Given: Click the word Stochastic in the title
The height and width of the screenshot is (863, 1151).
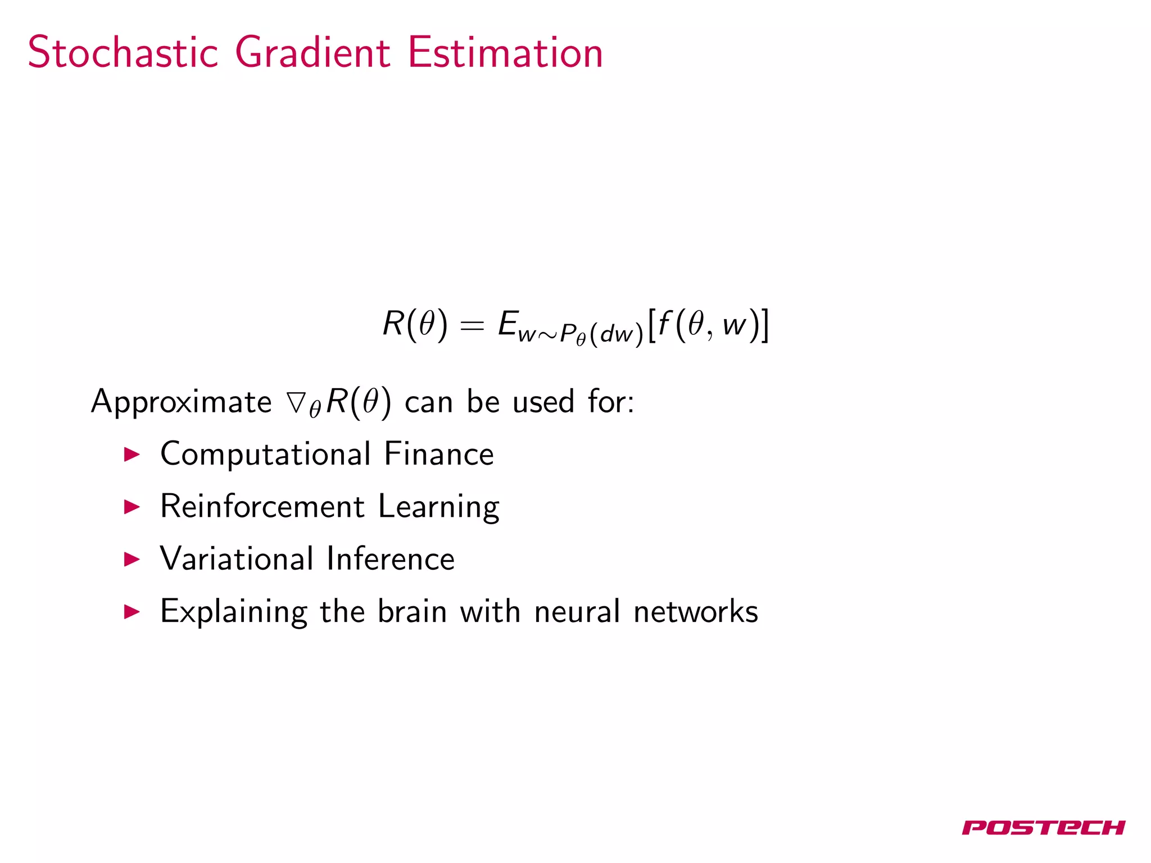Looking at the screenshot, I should click(123, 53).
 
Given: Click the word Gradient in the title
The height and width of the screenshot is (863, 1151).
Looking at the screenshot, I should click(312, 53).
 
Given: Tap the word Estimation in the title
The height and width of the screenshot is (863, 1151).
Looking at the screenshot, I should click(505, 53).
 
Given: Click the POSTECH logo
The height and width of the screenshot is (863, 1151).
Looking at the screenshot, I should click(1043, 828).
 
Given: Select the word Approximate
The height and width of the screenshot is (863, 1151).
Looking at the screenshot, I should click(181, 402).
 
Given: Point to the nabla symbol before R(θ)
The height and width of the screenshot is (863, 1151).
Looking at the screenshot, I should click(296, 402).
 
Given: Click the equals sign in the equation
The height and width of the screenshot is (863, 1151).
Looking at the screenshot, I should click(472, 326).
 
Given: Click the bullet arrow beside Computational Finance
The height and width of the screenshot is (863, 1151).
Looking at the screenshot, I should click(132, 455).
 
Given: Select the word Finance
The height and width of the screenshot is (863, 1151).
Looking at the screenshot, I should click(439, 454).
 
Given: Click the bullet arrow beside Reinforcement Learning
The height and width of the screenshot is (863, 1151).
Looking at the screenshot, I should click(132, 507).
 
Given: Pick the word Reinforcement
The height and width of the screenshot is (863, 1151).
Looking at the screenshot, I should click(262, 506).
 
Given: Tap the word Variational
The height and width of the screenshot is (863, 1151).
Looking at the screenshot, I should click(237, 558).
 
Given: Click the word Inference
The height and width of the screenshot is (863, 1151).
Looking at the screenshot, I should click(391, 558).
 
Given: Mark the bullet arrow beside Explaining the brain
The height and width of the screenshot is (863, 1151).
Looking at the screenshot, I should click(132, 611).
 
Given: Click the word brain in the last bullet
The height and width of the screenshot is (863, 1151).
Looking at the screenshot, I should click(412, 611).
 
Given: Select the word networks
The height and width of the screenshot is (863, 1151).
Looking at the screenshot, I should click(696, 611).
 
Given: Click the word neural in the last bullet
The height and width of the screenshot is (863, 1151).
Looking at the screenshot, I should click(577, 611).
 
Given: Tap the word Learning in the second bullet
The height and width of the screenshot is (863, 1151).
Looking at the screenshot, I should click(438, 507).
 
